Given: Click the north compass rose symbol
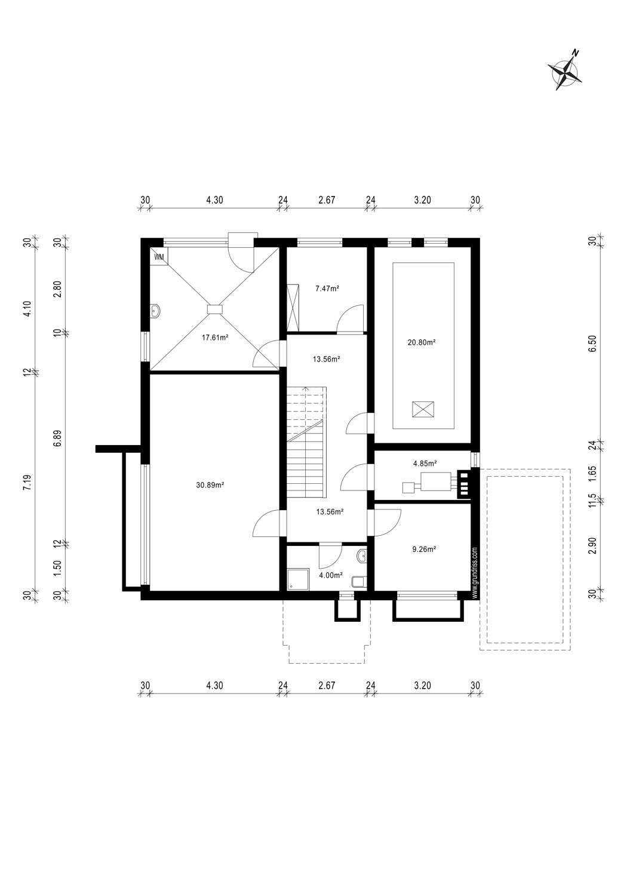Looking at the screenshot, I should [x=564, y=70].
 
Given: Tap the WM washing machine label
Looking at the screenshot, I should [x=159, y=257].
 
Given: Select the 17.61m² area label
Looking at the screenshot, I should [x=215, y=337].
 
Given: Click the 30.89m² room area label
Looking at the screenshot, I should [x=210, y=485].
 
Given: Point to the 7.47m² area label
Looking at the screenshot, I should [x=327, y=289].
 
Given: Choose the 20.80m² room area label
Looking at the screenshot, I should [x=422, y=342].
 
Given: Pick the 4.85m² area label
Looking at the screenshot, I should [x=425, y=463].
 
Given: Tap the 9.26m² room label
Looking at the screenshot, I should [x=424, y=548].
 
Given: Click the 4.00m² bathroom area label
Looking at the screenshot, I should [x=330, y=575].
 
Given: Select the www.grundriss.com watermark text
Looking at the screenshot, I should [x=475, y=572].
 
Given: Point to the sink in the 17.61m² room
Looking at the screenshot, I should [x=155, y=311].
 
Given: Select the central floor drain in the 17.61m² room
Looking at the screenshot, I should [x=214, y=309].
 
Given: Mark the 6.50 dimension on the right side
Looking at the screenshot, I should [x=592, y=343].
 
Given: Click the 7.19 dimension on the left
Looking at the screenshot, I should [x=26, y=483].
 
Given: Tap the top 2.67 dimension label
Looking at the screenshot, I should [x=326, y=200].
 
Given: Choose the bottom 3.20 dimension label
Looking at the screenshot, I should [x=422, y=685].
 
